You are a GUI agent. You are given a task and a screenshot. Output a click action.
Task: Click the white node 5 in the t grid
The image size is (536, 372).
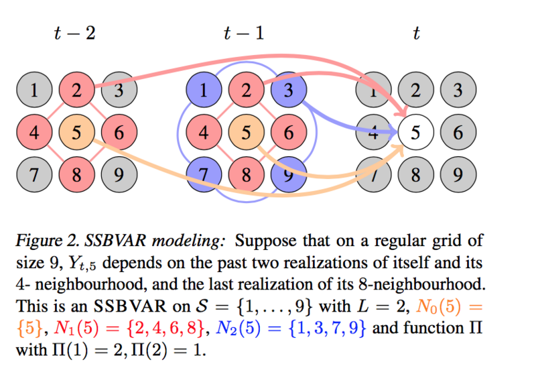tap(415, 133)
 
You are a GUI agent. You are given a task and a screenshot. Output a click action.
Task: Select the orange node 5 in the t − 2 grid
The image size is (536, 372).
tap(76, 133)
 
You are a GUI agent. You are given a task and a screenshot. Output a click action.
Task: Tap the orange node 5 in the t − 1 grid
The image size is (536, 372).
tap(246, 133)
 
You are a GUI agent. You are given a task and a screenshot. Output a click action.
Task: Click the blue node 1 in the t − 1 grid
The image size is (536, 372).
tap(204, 90)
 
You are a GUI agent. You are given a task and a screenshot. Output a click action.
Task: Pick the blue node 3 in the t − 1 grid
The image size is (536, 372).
tap(288, 90)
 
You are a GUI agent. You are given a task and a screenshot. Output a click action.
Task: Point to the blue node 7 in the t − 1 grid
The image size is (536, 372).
tap(204, 175)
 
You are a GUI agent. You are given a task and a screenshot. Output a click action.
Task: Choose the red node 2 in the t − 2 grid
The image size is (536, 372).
tap(76, 90)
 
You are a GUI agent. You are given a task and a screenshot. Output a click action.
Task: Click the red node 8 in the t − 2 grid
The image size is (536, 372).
tap(76, 175)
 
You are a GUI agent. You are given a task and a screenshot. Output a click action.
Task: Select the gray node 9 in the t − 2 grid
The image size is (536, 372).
tap(119, 175)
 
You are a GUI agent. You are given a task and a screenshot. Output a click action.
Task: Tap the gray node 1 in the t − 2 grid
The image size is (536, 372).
tap(34, 90)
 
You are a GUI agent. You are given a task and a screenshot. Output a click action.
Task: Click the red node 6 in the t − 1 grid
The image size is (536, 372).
tap(288, 133)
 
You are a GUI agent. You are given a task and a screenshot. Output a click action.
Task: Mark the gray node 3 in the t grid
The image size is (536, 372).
tap(458, 90)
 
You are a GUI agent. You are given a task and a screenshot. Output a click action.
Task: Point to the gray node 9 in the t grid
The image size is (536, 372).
tap(458, 175)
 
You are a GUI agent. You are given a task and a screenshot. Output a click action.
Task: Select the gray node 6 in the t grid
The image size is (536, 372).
tap(458, 133)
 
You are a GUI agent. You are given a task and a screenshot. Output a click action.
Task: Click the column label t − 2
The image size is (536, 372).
tap(74, 33)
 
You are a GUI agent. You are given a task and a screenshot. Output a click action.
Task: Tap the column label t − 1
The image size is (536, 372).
tap(244, 33)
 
